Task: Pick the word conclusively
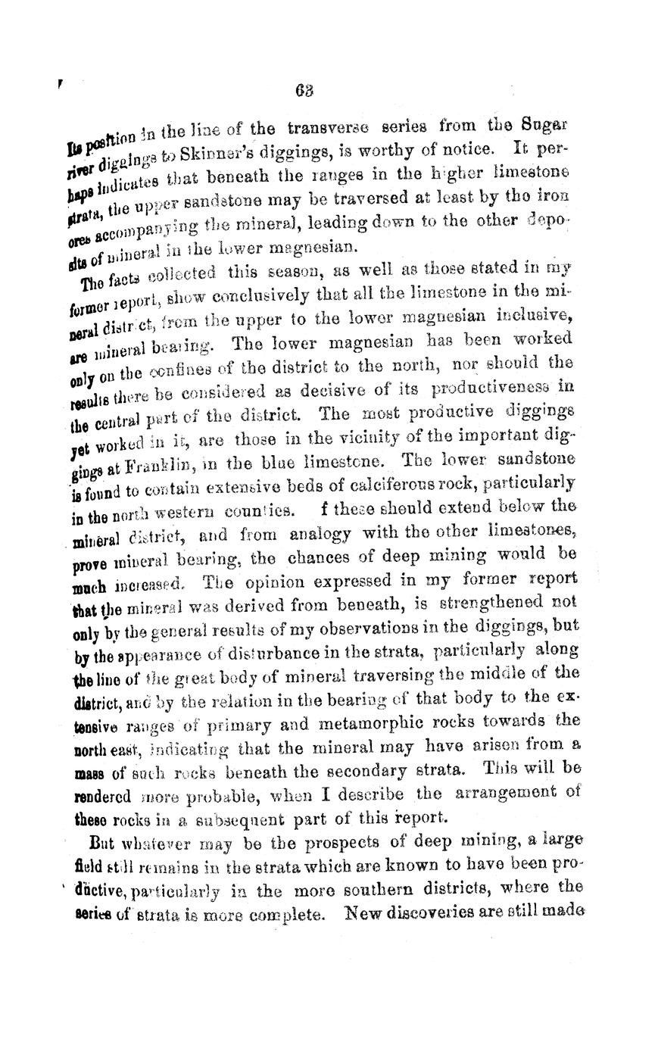[x=311, y=292]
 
